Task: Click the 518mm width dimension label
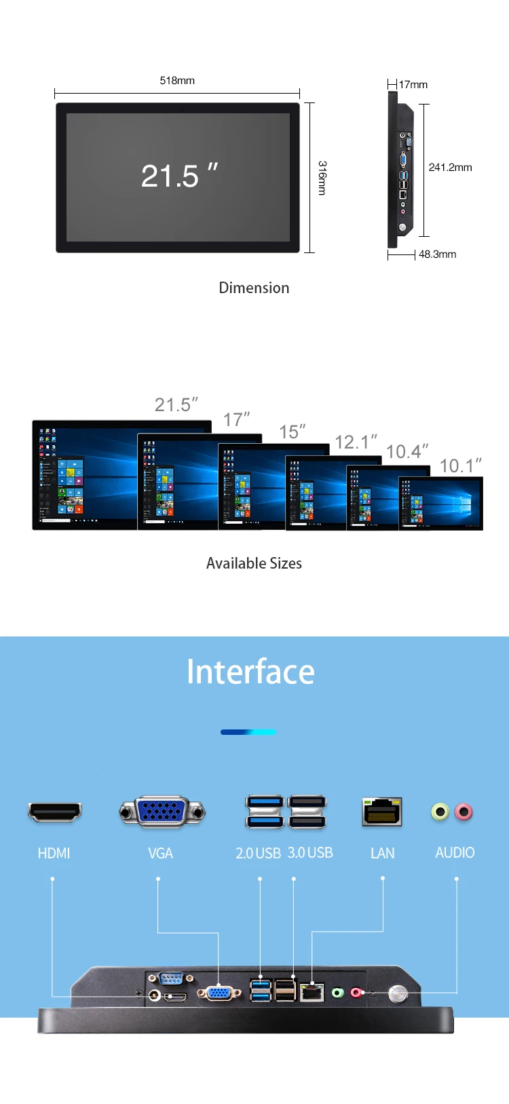[177, 81]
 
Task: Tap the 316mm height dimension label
[322, 178]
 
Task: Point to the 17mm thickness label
[413, 85]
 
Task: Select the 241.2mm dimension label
[450, 168]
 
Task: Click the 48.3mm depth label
[437, 254]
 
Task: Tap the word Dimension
[254, 288]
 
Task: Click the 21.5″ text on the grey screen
[179, 176]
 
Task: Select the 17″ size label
[236, 420]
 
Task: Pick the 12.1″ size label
[356, 442]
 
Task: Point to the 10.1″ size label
[460, 466]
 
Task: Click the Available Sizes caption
[254, 563]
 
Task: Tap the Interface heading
[250, 672]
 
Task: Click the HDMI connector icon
[55, 812]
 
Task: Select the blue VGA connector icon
[162, 811]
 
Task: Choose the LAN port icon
[382, 812]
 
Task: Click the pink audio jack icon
[464, 812]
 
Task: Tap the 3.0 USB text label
[310, 853]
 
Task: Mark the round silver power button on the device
[398, 995]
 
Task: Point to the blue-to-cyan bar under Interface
[248, 732]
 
